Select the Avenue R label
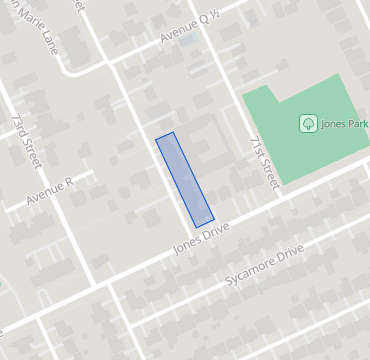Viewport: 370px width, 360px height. (50, 192)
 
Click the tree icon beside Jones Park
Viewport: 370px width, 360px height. (308, 123)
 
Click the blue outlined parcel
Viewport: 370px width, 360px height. (185, 179)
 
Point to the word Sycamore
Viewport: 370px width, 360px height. (249, 271)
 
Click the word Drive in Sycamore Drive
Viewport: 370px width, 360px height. (287, 255)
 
